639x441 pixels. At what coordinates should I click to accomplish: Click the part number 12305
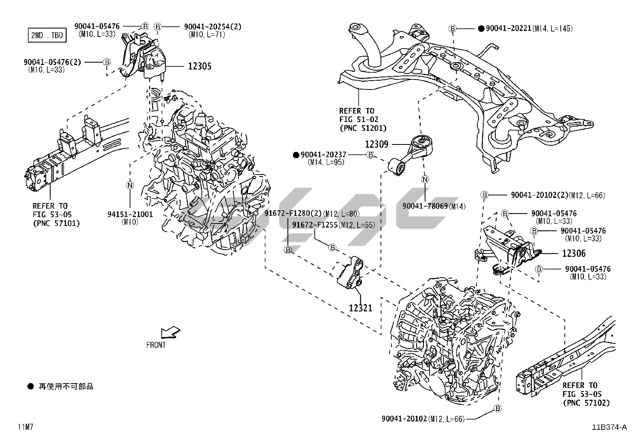tap(199, 66)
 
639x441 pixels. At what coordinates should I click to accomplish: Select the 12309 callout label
tap(376, 144)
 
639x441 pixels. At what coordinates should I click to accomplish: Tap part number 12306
tap(574, 253)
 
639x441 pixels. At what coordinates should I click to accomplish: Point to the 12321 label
tap(360, 308)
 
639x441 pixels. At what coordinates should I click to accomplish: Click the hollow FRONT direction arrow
tap(170, 333)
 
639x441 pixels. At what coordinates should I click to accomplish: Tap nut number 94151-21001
tap(130, 214)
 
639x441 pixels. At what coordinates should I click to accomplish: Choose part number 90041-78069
tap(425, 206)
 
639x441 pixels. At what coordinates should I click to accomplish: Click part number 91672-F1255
tap(315, 225)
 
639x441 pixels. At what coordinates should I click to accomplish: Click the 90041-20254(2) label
tap(213, 27)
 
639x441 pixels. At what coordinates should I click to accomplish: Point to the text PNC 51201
tap(363, 128)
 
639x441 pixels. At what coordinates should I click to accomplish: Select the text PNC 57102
tap(586, 402)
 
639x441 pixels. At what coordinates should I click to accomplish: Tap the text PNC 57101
tap(56, 223)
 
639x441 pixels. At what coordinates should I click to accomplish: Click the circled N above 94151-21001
tap(130, 185)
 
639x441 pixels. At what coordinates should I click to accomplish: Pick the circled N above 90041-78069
tap(425, 179)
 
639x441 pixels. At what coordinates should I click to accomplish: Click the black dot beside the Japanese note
tap(31, 386)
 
